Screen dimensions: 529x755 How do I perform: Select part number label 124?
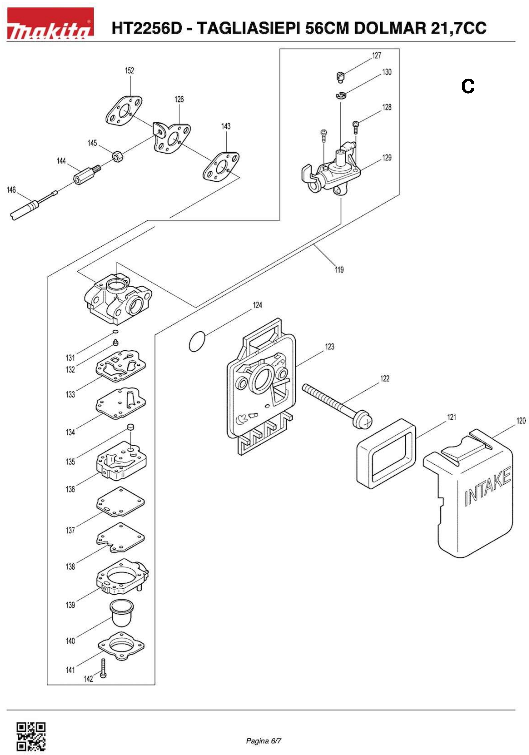coord(257,305)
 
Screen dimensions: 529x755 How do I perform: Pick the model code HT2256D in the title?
coord(147,28)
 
